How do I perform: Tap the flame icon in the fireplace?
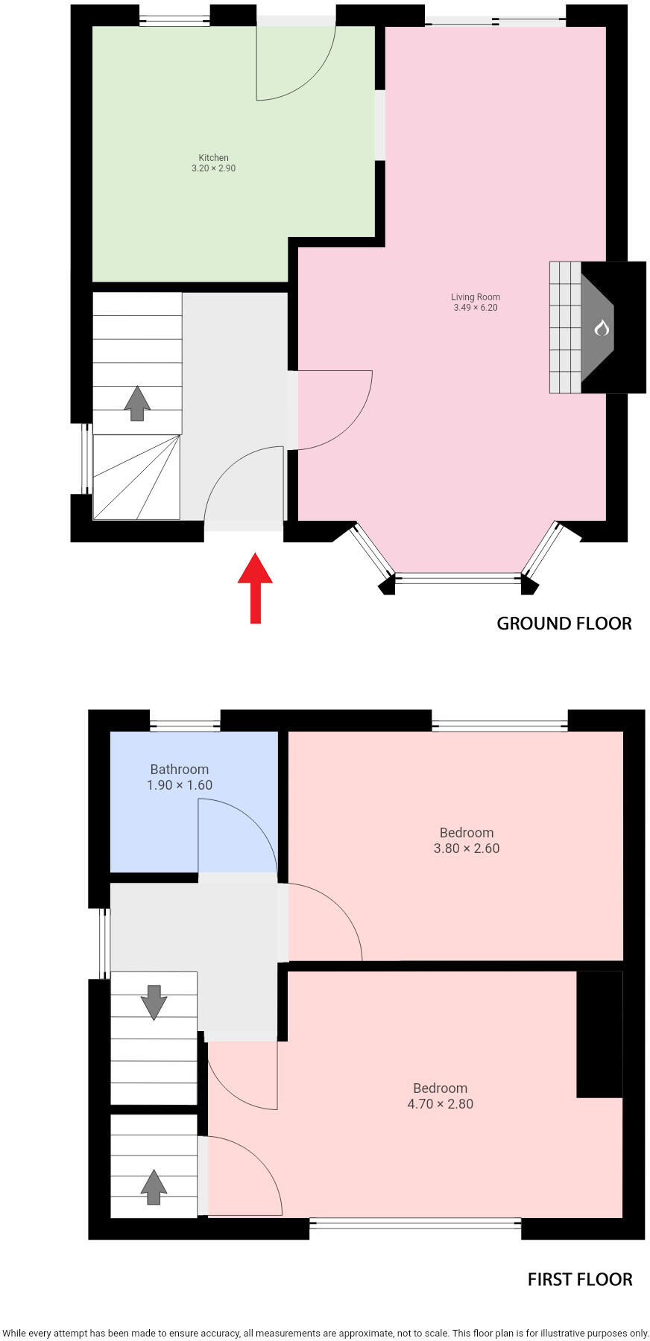pyautogui.click(x=602, y=327)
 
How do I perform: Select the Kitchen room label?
pyautogui.click(x=213, y=157)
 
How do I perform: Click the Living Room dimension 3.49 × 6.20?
pyautogui.click(x=476, y=308)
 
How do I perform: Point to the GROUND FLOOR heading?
pyautogui.click(x=564, y=624)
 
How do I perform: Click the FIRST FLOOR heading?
pyautogui.click(x=579, y=1280)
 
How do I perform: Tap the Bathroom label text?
pyautogui.click(x=180, y=770)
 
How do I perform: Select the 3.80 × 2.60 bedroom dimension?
pyautogui.click(x=467, y=849)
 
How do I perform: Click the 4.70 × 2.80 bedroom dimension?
pyautogui.click(x=440, y=1104)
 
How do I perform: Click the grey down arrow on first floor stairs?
pyautogui.click(x=154, y=1002)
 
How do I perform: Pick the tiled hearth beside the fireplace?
pyautogui.click(x=565, y=327)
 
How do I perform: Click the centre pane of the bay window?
pyautogui.click(x=457, y=577)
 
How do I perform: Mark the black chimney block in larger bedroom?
pyautogui.click(x=599, y=1033)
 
